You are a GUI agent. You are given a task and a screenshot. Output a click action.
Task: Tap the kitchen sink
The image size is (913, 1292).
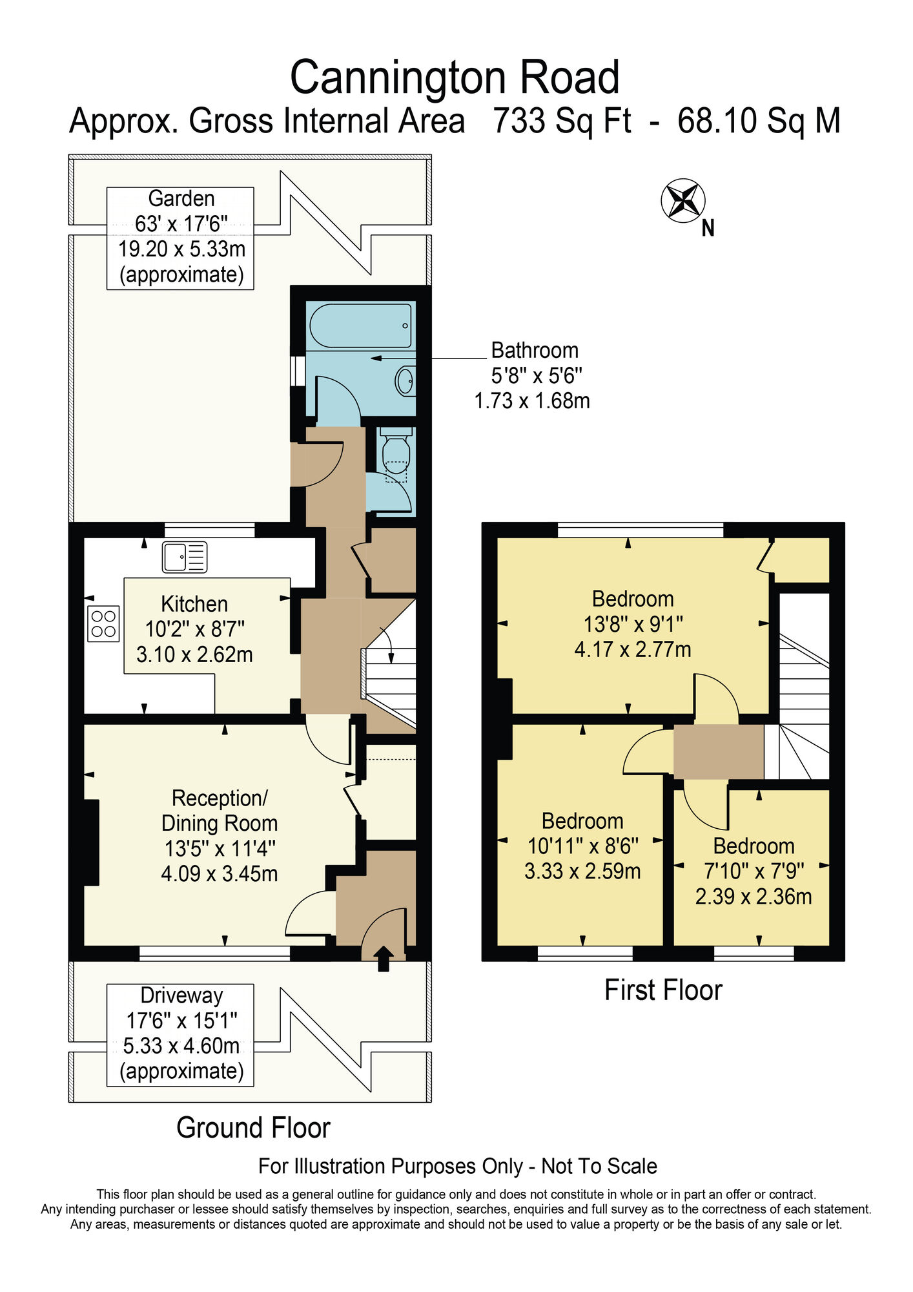pyautogui.click(x=185, y=557)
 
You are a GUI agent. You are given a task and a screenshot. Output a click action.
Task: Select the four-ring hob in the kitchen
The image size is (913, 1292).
pyautogui.click(x=103, y=623)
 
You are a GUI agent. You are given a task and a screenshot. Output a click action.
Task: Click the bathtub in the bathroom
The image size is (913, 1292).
pyautogui.click(x=360, y=326)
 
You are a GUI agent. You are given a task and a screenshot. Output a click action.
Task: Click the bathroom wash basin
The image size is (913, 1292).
pyautogui.click(x=405, y=381)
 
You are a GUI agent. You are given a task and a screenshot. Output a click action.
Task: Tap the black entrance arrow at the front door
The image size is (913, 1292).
pyautogui.click(x=384, y=959)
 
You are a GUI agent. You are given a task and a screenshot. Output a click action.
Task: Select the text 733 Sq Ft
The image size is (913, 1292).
pyautogui.click(x=562, y=121)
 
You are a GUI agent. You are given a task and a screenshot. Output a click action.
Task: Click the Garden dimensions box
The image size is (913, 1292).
pyautogui.click(x=180, y=238)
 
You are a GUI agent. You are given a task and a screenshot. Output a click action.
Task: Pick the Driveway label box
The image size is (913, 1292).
pyautogui.click(x=180, y=1034)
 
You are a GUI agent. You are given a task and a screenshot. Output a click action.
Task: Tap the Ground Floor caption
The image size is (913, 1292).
pyautogui.click(x=253, y=1128)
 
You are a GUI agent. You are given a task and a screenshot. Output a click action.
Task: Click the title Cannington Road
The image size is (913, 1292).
pyautogui.click(x=455, y=78)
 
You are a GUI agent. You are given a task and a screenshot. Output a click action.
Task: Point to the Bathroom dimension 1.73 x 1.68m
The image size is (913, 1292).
pyautogui.click(x=532, y=401)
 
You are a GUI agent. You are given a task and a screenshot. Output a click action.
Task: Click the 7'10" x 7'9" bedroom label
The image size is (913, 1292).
pyautogui.click(x=754, y=871)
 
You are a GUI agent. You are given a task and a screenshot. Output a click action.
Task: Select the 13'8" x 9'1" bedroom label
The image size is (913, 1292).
pyautogui.click(x=633, y=624)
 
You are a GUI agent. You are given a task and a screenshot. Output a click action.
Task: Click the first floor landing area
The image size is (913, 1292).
pyautogui.click(x=718, y=751)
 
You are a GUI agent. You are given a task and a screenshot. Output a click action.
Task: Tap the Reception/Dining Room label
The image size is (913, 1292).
pyautogui.click(x=220, y=836)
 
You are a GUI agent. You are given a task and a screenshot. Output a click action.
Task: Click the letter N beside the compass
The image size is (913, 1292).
pyautogui.click(x=708, y=228)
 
